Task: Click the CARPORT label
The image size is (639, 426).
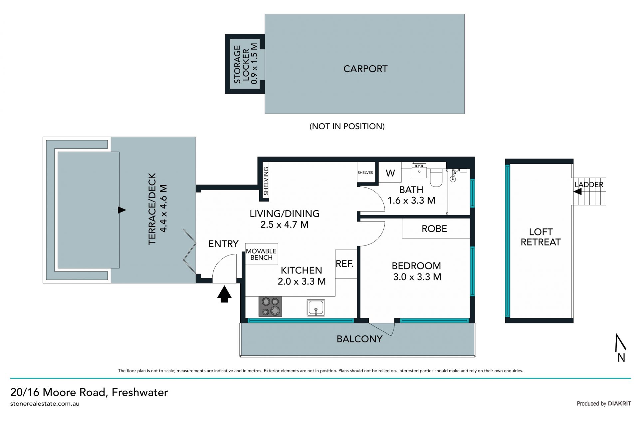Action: click(x=365, y=69)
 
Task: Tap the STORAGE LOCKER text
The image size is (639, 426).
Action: click(x=241, y=64)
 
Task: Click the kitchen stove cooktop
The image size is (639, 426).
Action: click(x=270, y=306)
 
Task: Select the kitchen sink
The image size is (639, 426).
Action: click(x=316, y=307)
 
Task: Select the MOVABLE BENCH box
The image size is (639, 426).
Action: click(x=262, y=254)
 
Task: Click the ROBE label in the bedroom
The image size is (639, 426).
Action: click(x=434, y=229)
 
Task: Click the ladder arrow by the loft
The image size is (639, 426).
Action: click(x=577, y=192)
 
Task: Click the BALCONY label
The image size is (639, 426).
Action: click(x=359, y=339)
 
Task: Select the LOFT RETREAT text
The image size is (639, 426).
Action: click(x=540, y=237)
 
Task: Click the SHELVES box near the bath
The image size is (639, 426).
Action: click(x=365, y=173)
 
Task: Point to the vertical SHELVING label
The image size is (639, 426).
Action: click(x=266, y=181)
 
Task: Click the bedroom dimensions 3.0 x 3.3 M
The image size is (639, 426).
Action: click(x=417, y=277)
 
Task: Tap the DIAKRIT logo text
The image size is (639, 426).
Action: click(x=619, y=404)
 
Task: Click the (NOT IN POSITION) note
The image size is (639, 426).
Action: click(x=347, y=126)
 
